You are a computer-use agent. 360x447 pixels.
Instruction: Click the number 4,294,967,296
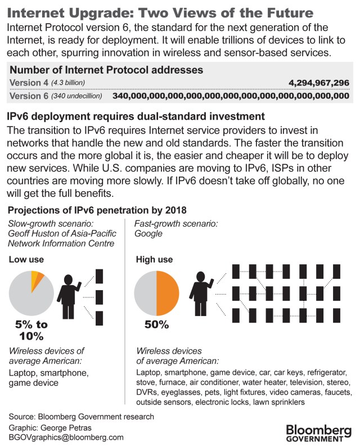click(318, 83)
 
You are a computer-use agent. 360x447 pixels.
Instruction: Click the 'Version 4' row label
click(28, 83)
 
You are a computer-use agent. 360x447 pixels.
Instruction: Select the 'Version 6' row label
click(28, 96)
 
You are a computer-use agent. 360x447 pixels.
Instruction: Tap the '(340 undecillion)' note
click(76, 96)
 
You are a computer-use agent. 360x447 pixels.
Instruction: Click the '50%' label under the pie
click(156, 325)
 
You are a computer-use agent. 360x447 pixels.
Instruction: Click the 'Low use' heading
click(26, 259)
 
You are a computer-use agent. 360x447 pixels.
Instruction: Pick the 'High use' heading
click(155, 259)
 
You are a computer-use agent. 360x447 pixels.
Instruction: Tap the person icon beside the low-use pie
click(73, 296)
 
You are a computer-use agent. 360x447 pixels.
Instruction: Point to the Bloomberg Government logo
click(318, 431)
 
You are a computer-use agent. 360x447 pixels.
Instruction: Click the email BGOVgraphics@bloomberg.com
click(66, 437)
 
